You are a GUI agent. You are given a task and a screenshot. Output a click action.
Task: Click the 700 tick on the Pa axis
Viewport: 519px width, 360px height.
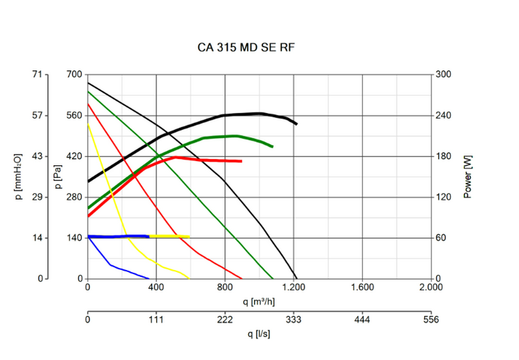point(74,75)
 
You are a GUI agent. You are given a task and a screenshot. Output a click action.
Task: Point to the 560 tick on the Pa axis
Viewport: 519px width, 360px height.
point(74,115)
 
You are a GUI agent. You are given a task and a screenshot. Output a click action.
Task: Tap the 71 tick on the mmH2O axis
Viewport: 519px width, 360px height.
point(37,75)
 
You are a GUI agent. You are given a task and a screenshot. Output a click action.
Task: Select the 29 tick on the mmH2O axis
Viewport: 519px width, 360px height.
point(37,197)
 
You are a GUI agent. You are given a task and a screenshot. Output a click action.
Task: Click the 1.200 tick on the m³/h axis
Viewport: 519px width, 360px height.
point(294,287)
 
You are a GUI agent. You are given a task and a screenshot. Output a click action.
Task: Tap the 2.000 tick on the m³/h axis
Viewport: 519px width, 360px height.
point(431,287)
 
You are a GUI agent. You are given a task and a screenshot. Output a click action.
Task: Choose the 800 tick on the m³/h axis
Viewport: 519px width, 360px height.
point(225,287)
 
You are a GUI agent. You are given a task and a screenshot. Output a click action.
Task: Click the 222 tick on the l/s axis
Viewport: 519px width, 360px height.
point(225,319)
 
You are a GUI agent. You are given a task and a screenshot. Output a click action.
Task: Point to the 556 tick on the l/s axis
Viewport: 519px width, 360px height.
point(431,319)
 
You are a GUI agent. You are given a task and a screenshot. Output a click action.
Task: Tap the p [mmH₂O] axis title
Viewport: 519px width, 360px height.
point(19,176)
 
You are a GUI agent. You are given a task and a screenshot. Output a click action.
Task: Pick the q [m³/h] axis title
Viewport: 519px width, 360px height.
point(259,302)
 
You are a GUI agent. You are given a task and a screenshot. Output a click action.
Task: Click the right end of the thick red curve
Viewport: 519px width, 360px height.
point(241,161)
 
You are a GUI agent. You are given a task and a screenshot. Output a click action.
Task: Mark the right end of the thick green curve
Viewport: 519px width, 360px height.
point(272,146)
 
